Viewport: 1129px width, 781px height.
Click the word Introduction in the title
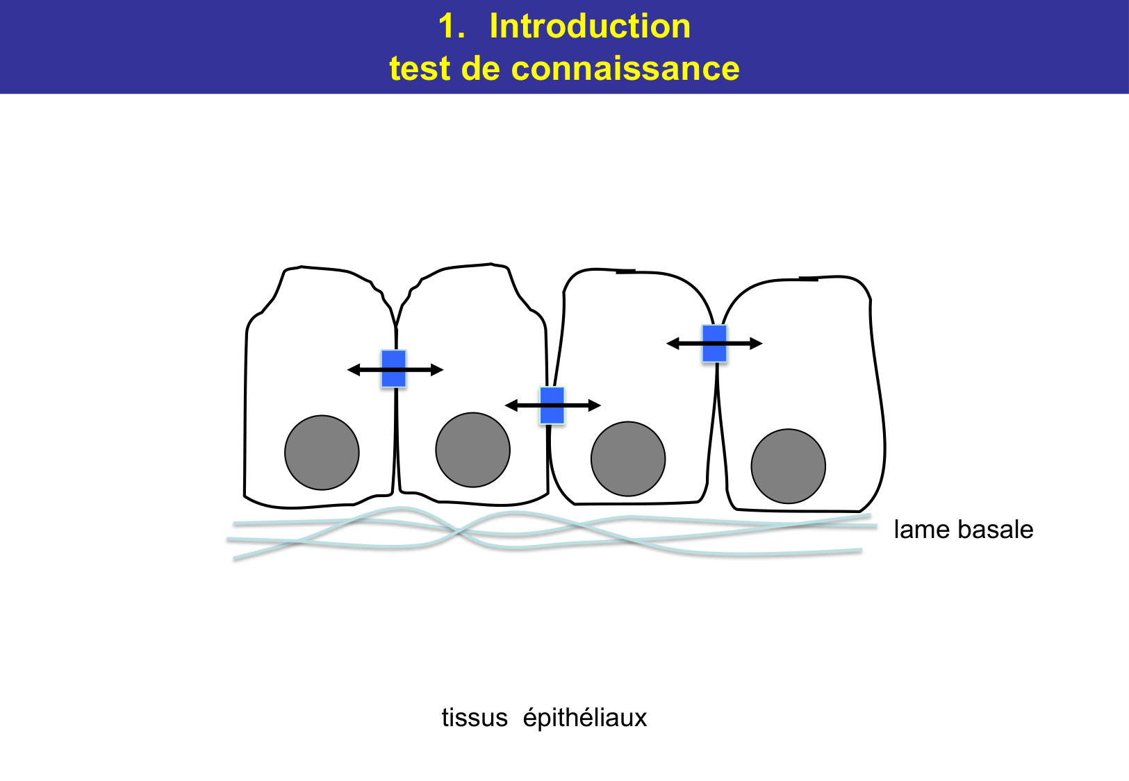point(590,27)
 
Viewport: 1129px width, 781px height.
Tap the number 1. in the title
point(451,27)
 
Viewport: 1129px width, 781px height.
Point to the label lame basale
point(963,530)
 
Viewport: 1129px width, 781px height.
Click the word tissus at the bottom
point(475,717)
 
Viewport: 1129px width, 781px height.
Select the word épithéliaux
point(584,718)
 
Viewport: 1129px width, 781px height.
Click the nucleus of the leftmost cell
point(322,453)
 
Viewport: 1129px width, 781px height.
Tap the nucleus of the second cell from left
point(472,450)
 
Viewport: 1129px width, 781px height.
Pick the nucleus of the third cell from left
point(628,458)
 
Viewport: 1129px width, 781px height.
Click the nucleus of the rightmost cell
point(788,466)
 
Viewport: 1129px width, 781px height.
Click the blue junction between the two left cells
point(393,369)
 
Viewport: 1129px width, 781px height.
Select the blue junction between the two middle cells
point(552,405)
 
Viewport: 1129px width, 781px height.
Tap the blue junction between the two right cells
point(714,344)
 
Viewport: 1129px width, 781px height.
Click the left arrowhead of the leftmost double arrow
point(353,370)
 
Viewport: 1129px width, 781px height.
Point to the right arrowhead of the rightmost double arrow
point(757,344)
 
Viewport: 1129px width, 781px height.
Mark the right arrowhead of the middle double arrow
point(595,405)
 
